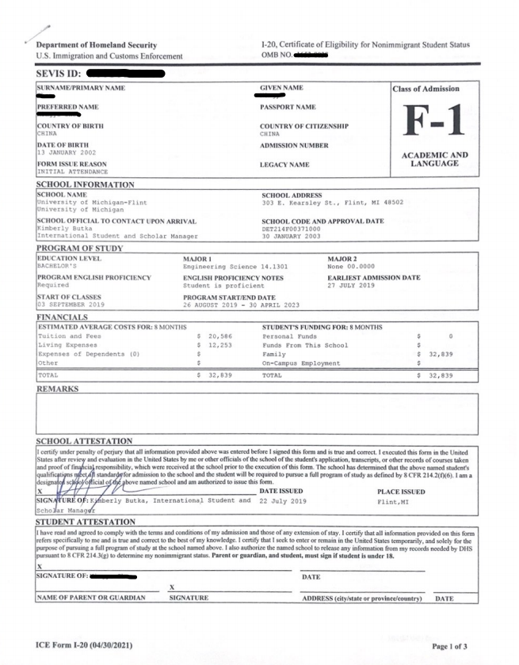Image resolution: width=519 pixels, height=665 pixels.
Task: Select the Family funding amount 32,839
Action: coord(444,354)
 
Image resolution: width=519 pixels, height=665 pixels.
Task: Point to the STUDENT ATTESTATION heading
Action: coord(85,522)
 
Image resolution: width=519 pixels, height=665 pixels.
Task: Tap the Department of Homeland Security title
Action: coord(96,45)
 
